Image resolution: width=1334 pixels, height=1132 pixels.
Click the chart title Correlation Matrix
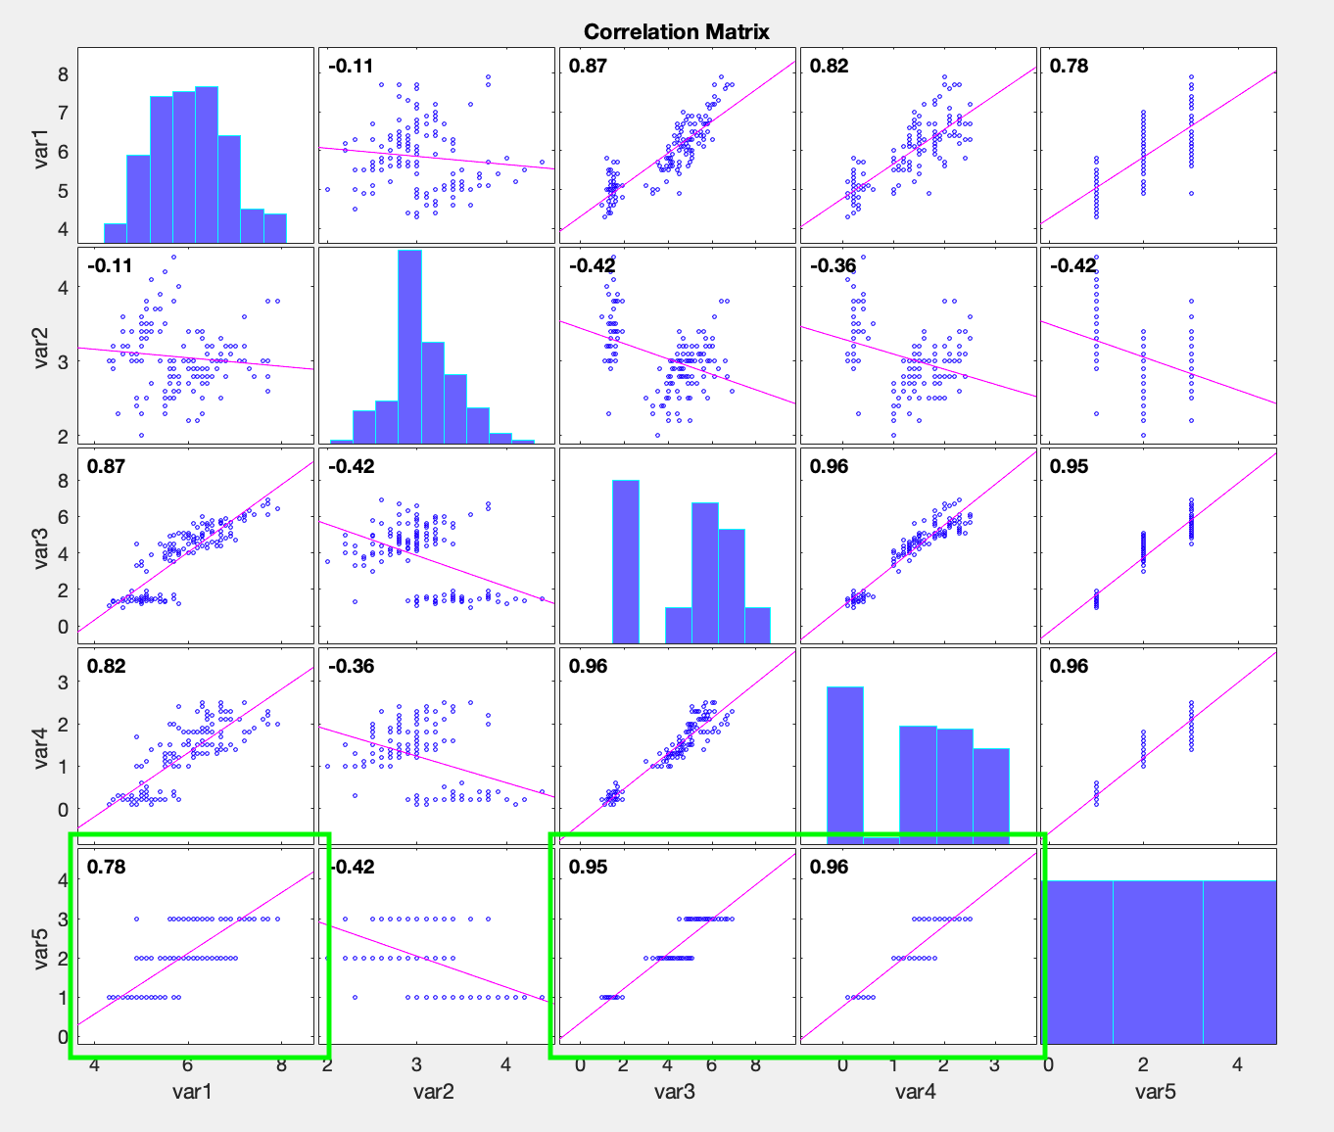click(x=676, y=31)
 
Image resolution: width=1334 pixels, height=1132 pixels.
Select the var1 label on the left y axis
click(x=41, y=149)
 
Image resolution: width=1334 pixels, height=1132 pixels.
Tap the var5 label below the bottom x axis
click(x=1155, y=1091)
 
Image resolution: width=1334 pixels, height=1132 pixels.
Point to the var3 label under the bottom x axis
click(x=675, y=1091)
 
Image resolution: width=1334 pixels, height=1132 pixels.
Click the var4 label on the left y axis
click(x=41, y=748)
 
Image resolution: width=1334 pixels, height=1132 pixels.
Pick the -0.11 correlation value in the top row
click(x=351, y=66)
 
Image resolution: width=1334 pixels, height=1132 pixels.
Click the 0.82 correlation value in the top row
click(x=829, y=66)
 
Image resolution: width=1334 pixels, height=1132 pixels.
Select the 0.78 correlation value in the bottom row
click(x=106, y=866)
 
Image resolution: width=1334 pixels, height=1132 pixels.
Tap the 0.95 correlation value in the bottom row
click(x=588, y=866)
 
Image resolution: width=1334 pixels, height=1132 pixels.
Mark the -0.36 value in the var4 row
click(x=351, y=665)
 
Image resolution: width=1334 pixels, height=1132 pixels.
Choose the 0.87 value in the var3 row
click(x=106, y=466)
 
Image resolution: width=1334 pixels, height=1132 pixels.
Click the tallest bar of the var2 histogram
click(x=409, y=347)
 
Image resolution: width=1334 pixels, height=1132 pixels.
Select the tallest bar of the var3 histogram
click(x=625, y=561)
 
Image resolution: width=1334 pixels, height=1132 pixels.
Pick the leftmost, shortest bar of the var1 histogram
click(x=116, y=233)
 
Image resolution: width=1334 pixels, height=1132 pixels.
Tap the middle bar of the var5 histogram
click(x=1158, y=962)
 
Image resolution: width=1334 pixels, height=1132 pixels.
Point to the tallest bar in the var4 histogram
click(x=845, y=765)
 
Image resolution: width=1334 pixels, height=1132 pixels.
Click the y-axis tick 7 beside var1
click(x=63, y=113)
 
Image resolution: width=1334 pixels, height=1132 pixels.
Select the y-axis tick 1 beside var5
click(x=63, y=998)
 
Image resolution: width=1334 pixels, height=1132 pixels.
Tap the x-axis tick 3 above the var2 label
click(x=416, y=1063)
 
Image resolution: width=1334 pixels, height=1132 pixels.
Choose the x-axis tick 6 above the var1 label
click(x=187, y=1063)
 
